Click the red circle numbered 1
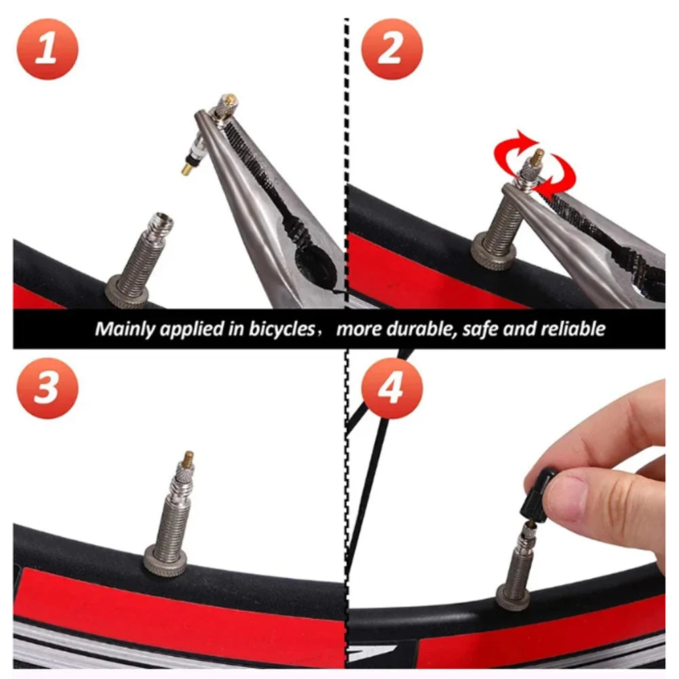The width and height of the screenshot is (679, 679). coord(48,49)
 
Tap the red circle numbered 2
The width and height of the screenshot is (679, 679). coord(392,49)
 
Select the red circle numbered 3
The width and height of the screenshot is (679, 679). coord(48,388)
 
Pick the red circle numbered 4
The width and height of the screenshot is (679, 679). coord(392,388)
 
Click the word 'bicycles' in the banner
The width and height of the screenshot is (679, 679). coord(282,329)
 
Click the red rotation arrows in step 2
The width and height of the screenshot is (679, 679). coord(535,164)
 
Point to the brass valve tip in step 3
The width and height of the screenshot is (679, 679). coord(189,458)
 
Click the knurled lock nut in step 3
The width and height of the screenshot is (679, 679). coord(166,561)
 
